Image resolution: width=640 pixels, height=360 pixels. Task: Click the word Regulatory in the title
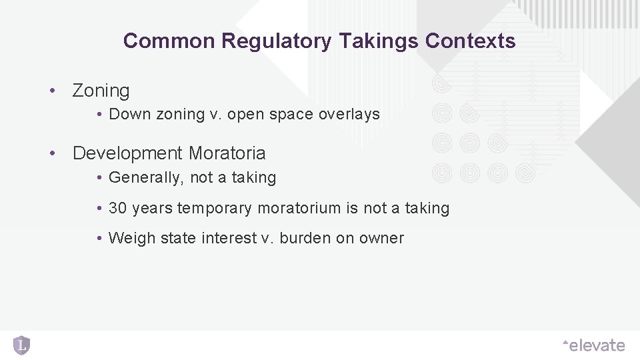pos(276,41)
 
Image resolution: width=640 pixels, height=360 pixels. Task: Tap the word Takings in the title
pos(378,41)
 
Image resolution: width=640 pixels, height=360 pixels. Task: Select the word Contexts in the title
pos(470,41)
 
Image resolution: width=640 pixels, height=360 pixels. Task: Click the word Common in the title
pos(170,41)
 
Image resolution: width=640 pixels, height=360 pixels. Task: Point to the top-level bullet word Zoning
pos(101,91)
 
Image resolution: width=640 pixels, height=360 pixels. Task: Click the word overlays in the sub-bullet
pos(349,114)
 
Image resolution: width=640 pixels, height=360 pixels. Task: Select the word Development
pos(128,153)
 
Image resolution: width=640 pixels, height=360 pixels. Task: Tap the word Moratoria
pos(227,153)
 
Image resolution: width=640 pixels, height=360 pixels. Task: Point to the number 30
pos(117,209)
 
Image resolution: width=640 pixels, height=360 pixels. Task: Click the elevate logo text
pos(595,345)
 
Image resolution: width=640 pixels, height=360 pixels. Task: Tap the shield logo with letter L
pos(21,345)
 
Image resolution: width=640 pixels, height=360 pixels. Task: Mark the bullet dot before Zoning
pos(51,91)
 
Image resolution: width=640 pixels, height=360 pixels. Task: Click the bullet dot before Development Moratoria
pos(51,153)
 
